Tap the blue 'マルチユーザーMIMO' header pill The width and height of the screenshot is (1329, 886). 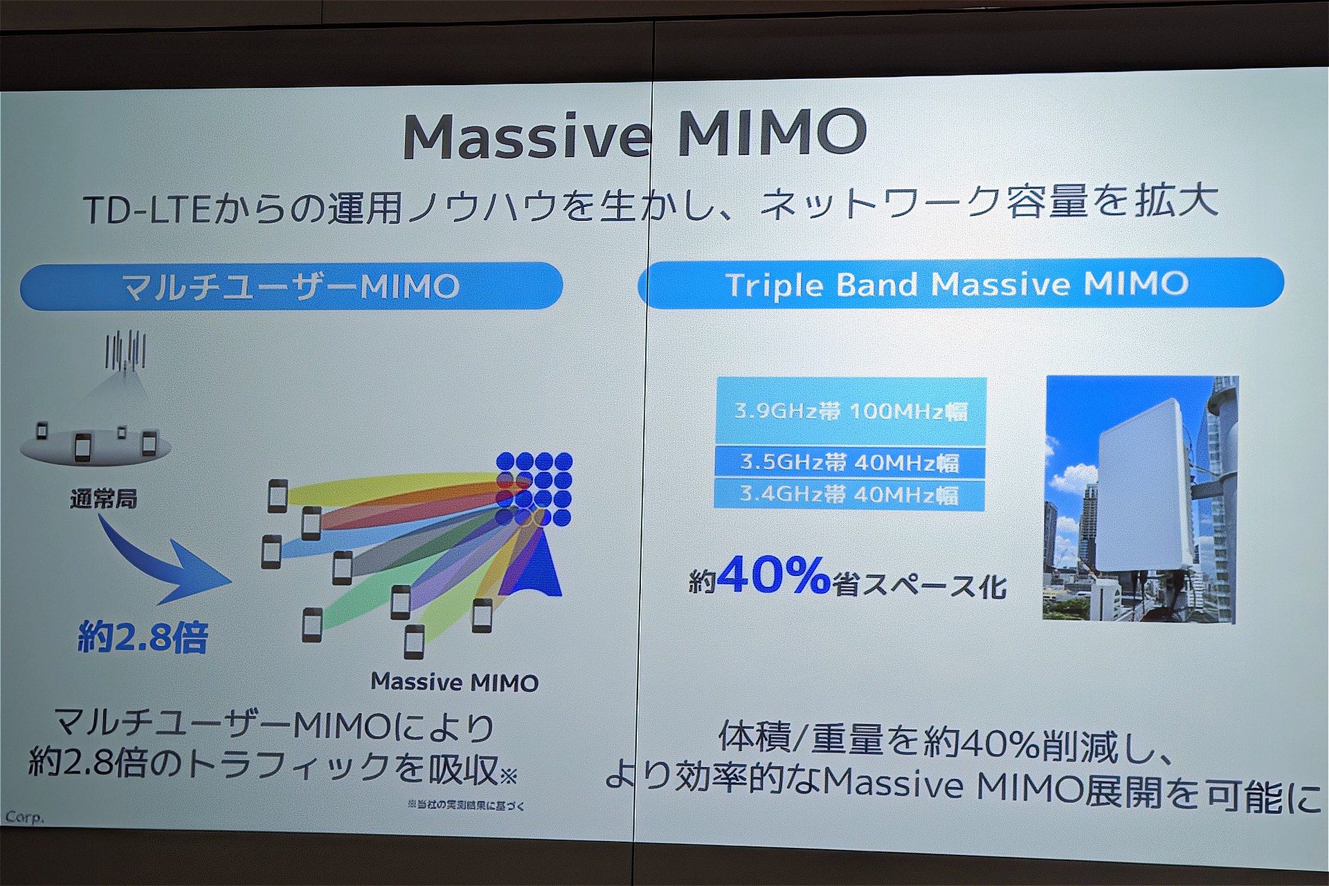point(291,286)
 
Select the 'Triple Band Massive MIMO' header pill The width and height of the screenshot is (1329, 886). point(961,282)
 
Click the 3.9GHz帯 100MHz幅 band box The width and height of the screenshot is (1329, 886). point(851,410)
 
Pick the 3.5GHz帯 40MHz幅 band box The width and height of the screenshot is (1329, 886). point(850,462)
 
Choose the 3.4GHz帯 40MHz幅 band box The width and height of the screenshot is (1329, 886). point(849,494)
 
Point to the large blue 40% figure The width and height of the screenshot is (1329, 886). point(773,575)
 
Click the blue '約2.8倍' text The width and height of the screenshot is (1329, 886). point(143,637)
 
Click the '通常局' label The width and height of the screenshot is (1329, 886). point(104,498)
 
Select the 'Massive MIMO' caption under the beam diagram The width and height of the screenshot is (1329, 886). point(455,682)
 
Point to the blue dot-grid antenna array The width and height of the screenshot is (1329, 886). point(534,489)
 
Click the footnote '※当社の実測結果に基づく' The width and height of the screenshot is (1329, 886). point(466,805)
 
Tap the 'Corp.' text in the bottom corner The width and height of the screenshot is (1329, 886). point(24,817)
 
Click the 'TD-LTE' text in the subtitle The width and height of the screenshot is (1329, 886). point(146,208)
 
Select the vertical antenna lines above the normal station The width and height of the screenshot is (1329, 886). point(125,350)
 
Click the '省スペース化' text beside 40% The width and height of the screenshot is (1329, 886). point(919,585)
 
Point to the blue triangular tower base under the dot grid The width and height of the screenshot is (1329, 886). point(533,564)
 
